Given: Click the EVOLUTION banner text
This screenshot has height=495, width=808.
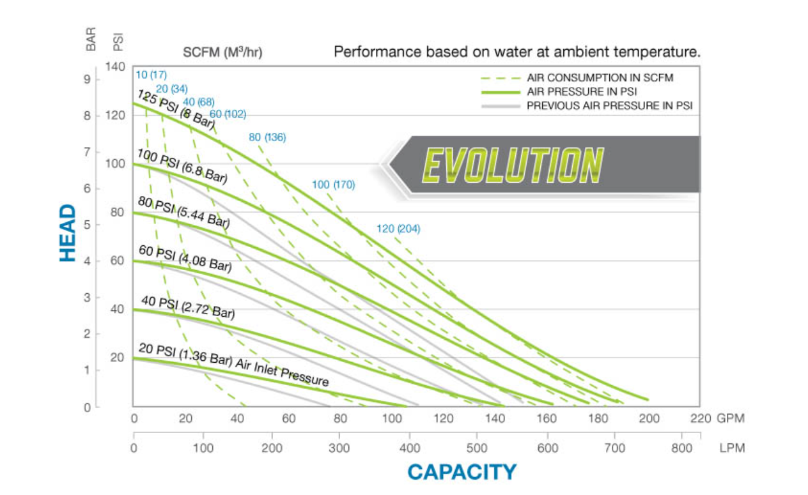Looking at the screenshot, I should tap(513, 165).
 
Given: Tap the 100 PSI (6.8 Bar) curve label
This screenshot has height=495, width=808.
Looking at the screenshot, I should tap(182, 165).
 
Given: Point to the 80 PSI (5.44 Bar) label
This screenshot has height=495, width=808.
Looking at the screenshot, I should tap(183, 213).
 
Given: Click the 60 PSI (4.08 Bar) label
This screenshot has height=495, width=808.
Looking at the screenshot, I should tap(185, 259).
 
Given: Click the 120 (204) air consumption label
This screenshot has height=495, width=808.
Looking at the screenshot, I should tap(398, 229).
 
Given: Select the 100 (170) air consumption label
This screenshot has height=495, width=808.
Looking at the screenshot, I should tap(333, 185).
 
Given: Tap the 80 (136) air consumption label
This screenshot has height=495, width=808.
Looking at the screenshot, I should tap(267, 137).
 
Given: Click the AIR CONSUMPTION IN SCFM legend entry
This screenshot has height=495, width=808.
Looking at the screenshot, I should tap(600, 78).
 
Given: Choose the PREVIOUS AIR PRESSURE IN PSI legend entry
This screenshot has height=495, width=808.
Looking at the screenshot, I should tap(609, 105).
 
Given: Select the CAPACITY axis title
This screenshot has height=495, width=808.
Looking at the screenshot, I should tap(462, 472).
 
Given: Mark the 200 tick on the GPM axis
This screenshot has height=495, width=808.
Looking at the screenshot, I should tap(649, 419).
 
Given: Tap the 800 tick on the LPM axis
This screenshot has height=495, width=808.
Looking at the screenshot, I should tap(682, 448).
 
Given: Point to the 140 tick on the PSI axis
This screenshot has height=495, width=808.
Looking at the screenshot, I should tap(115, 67).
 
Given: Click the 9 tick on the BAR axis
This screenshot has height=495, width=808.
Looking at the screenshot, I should tap(88, 79).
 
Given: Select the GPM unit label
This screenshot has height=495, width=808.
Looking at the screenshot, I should tap(731, 419).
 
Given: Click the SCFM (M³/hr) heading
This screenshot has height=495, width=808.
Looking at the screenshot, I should tap(222, 52).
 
